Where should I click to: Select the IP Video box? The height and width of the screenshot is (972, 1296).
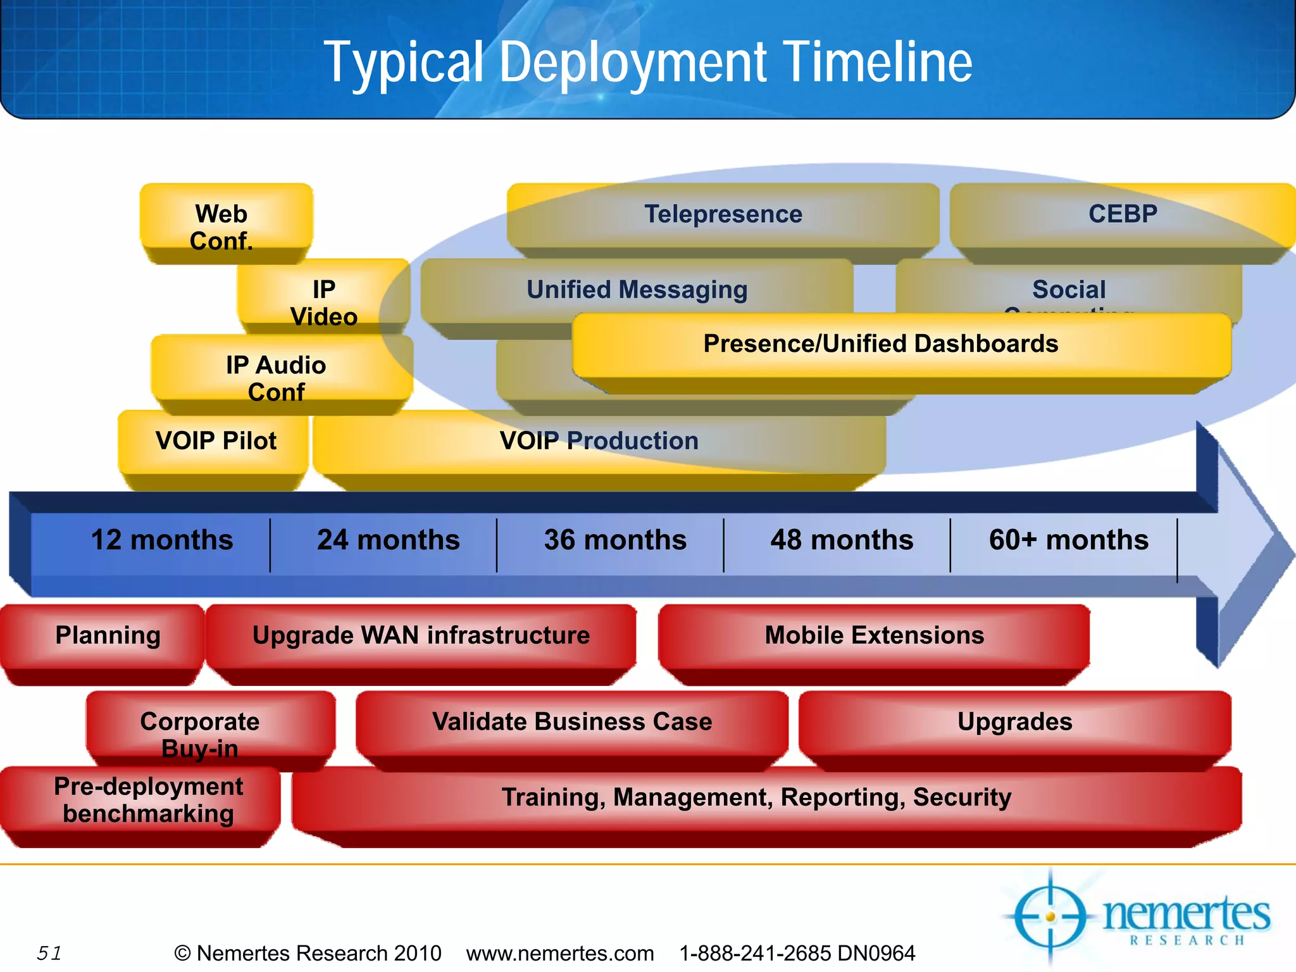click(x=323, y=301)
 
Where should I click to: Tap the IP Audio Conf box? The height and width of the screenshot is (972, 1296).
click(x=277, y=377)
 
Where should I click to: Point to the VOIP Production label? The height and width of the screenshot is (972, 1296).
click(x=599, y=440)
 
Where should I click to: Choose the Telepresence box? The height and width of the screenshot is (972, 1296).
click(x=723, y=215)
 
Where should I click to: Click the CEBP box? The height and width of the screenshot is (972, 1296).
click(x=1122, y=215)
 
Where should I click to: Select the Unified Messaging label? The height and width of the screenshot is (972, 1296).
click(x=637, y=290)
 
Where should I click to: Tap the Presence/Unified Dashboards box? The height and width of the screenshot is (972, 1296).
click(x=880, y=344)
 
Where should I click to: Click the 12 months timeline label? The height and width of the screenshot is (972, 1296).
click(x=162, y=540)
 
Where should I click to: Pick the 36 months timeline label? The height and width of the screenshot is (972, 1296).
click(x=615, y=540)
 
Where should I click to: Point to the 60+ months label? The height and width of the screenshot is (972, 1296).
click(x=1068, y=540)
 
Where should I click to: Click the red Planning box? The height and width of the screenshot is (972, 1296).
click(x=108, y=635)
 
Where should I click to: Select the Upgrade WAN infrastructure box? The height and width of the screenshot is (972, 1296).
click(x=421, y=635)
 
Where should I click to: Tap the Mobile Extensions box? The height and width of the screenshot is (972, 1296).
click(x=874, y=635)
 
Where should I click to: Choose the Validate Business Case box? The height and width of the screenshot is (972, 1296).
click(x=571, y=721)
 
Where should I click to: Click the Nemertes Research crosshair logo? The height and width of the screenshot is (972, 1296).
click(x=1050, y=916)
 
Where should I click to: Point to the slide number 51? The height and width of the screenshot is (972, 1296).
click(x=49, y=953)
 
